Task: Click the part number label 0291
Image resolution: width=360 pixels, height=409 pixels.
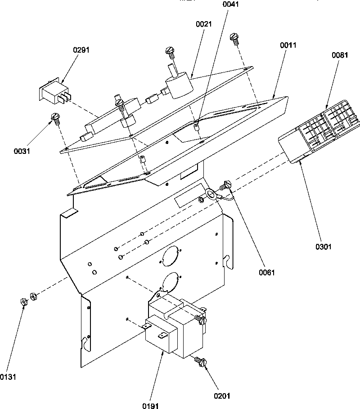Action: pos(81,50)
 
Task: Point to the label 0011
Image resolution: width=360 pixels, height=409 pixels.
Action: pos(288,45)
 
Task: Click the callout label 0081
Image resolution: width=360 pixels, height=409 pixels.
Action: pos(340,55)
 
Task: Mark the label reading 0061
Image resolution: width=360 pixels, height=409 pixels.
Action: pos(266,272)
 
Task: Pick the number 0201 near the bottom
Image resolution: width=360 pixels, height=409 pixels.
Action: pos(222,396)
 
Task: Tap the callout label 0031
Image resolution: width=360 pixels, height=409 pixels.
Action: pos(22,151)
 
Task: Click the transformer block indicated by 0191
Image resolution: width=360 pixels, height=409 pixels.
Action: pos(173,328)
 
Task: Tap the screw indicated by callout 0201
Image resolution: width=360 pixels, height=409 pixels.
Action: pos(200,361)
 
